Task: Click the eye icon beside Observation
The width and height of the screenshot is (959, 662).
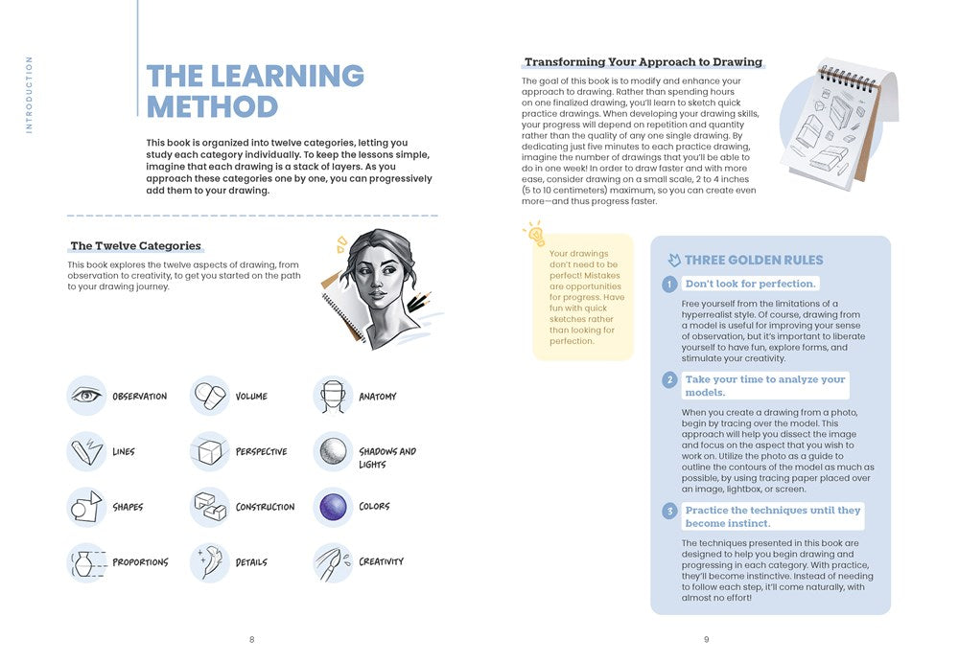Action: pos(86,396)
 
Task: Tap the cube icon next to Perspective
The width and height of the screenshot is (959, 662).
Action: pos(209,450)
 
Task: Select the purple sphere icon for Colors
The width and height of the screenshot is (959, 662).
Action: pos(333,506)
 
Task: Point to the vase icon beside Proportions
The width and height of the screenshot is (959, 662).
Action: pos(85,562)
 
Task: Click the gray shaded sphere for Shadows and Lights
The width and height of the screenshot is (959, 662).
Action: pos(333,451)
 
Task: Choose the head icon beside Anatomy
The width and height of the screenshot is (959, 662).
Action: pos(333,396)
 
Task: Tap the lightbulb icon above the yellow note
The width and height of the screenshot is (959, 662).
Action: pos(534,233)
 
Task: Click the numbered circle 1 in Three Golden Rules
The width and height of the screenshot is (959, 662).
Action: pos(670,285)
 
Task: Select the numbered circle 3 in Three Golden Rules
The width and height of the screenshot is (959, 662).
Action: pos(670,512)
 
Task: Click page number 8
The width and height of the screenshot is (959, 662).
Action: pos(252,640)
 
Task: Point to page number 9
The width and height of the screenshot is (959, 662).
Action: pos(706,640)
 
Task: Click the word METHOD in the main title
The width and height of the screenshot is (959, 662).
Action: pos(212,106)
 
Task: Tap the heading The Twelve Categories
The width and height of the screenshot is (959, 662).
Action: pos(135,246)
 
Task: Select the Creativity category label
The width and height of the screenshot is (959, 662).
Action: pos(381,561)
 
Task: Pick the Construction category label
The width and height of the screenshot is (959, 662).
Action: pos(265,507)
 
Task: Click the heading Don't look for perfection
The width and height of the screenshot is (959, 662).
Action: pos(750,284)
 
